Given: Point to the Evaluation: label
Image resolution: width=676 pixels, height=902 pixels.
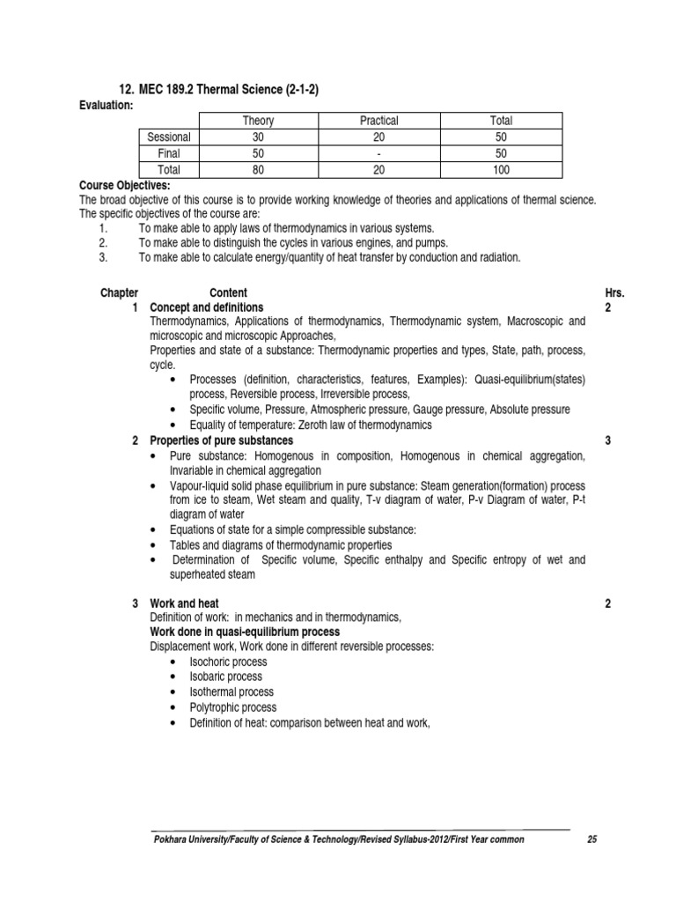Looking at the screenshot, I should pos(107,105).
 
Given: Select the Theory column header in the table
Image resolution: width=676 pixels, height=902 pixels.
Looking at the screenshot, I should pos(258,121).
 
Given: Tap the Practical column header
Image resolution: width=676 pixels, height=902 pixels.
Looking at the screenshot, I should pos(379,121).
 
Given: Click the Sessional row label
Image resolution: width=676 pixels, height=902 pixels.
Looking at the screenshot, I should pos(169,137).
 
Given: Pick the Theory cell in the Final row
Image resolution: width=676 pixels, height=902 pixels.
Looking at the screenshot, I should pos(258,153).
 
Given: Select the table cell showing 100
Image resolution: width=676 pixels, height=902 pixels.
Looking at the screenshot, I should pos(501,170).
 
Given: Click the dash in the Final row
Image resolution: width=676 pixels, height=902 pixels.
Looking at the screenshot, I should pos(379,153).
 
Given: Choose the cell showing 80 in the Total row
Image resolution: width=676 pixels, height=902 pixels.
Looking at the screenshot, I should pos(258,170).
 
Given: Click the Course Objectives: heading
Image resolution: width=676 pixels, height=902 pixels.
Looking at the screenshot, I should pos(125,186).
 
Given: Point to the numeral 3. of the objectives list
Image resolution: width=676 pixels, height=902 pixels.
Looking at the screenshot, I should pos(103,257).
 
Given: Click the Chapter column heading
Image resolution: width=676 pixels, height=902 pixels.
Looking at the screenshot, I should pos(120,292).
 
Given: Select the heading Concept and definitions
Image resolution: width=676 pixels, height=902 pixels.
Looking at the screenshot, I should pos(207,307).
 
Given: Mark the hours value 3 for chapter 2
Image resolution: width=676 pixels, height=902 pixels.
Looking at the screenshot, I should pos(608,440).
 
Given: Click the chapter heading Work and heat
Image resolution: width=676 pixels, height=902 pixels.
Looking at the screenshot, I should pos(184,603).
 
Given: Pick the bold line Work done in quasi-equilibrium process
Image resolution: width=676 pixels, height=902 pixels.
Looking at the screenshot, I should pos(245,632).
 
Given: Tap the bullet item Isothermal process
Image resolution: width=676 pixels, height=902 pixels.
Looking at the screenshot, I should pos(232,691).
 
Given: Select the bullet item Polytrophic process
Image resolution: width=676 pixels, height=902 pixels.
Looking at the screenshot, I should pos(232,706).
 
